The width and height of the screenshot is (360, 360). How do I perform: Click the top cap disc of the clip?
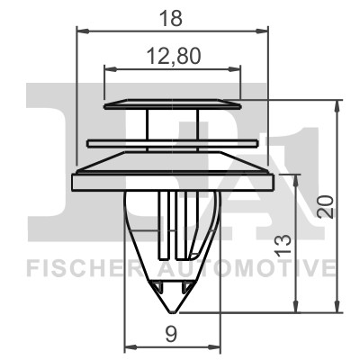tap(173, 105)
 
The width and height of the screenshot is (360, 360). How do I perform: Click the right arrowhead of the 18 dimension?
tap(265, 31)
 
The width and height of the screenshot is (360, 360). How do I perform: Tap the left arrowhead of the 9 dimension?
tap(127, 347)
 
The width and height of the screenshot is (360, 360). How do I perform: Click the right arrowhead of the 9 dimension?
tap(217, 347)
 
